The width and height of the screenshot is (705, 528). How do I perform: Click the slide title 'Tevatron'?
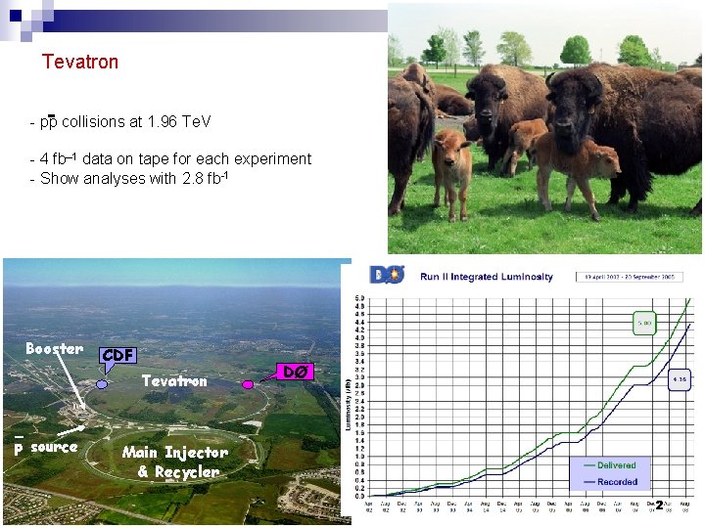point(80,62)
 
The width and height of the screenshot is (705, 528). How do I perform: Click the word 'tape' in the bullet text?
point(151,158)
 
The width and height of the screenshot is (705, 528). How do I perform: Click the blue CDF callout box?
point(117,355)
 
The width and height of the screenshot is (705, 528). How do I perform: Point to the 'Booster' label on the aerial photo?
point(54,349)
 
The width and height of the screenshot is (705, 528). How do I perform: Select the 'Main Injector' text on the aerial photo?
point(174,452)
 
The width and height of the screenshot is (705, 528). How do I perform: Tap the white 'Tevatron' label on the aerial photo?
point(174,381)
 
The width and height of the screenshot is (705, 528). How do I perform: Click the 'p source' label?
point(45,447)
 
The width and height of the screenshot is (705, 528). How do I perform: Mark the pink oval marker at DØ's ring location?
point(247,387)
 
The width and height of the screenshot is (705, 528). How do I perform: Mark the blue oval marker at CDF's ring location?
point(102,384)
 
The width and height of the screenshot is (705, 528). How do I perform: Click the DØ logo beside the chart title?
point(387,275)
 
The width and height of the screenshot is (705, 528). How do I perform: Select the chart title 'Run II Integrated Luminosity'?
point(487,277)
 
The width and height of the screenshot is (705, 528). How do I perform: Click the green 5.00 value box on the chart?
point(645,322)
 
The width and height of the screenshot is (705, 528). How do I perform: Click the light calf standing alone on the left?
point(450,171)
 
